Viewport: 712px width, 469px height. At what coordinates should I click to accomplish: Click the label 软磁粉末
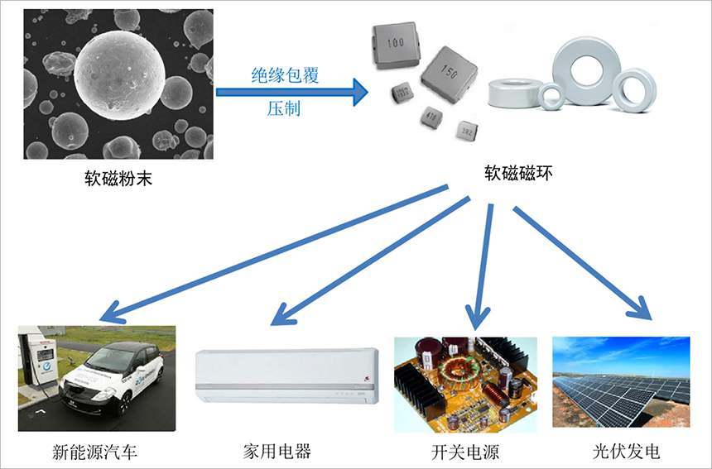click(x=118, y=177)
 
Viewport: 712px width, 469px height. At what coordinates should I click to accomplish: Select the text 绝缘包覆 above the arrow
click(x=286, y=75)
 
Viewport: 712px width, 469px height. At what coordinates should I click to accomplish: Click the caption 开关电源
click(x=464, y=452)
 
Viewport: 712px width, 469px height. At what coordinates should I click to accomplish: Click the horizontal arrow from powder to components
click(x=291, y=92)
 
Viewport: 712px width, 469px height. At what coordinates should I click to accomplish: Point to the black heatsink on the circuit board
click(x=419, y=389)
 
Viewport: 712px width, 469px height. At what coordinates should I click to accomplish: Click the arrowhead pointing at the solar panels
click(x=645, y=312)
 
